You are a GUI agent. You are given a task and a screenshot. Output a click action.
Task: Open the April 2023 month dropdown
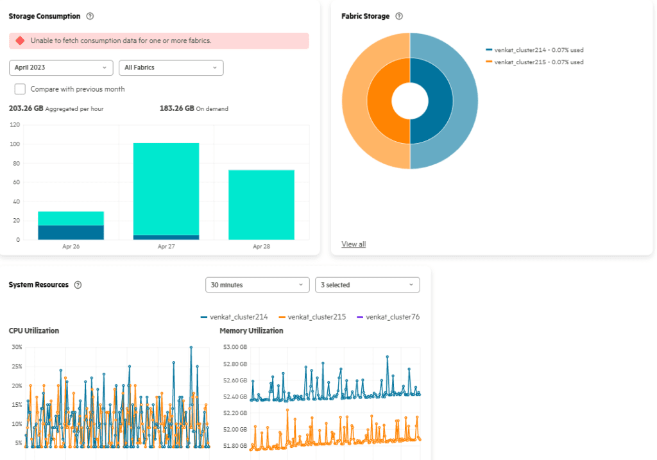click(x=61, y=67)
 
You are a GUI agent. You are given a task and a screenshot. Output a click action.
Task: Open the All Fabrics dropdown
click(x=171, y=67)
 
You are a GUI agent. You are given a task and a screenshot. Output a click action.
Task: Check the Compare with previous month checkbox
click(x=20, y=89)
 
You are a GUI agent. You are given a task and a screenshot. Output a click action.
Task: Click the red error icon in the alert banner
click(x=20, y=40)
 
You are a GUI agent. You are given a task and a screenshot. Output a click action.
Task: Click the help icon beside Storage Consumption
click(x=90, y=16)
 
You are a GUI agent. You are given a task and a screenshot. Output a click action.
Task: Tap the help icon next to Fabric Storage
click(x=399, y=16)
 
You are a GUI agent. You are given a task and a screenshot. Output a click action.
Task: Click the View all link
click(x=354, y=244)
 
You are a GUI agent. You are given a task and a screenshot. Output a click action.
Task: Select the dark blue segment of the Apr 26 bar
click(x=71, y=232)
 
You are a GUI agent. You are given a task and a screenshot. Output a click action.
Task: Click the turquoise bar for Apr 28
click(x=261, y=205)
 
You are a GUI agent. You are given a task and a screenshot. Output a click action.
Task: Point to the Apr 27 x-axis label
click(x=166, y=246)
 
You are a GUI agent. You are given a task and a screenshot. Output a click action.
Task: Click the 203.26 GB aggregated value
click(x=26, y=108)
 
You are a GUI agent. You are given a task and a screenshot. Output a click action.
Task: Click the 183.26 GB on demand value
click(x=176, y=108)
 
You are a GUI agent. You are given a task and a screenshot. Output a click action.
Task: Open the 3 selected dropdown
click(x=367, y=285)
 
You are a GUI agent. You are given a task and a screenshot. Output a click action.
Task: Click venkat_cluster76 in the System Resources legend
click(x=392, y=317)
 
